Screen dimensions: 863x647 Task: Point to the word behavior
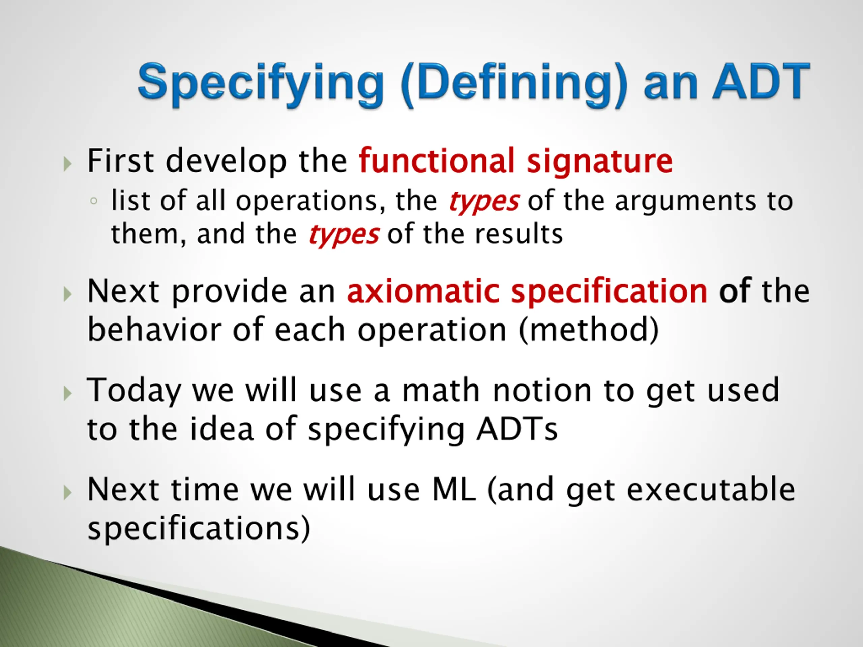[x=154, y=330]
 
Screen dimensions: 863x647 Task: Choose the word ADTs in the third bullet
[x=517, y=429]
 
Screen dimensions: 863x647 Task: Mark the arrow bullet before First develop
[x=67, y=163]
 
